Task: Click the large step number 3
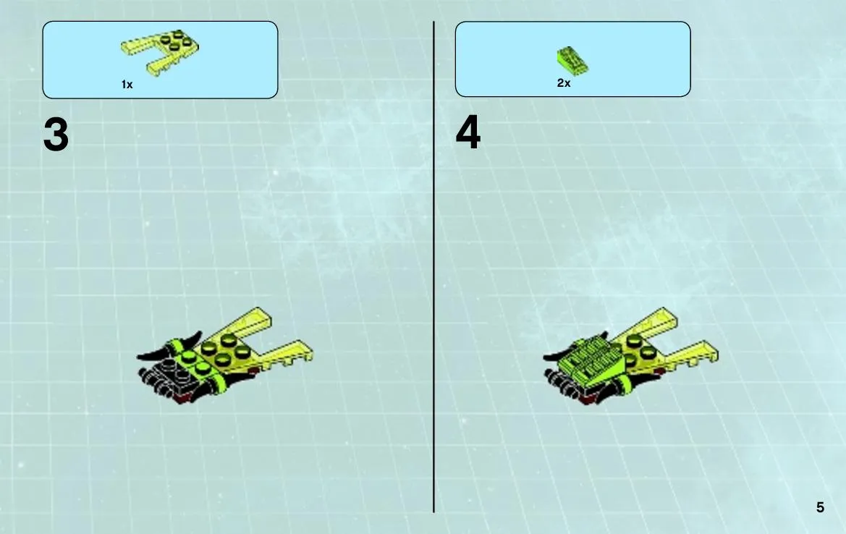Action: click(56, 135)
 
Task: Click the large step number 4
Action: click(468, 132)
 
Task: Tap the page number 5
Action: click(820, 507)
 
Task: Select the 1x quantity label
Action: click(127, 84)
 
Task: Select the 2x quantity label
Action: click(564, 82)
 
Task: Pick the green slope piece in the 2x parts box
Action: click(572, 60)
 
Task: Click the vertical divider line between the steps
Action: click(433, 267)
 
